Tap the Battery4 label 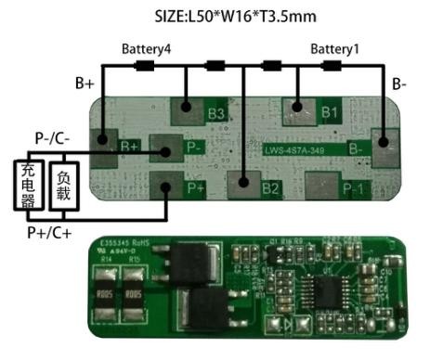[146, 48]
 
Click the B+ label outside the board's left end [85, 83]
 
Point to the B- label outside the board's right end [399, 84]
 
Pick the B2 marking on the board [270, 188]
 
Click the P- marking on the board [195, 147]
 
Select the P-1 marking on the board [353, 188]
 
